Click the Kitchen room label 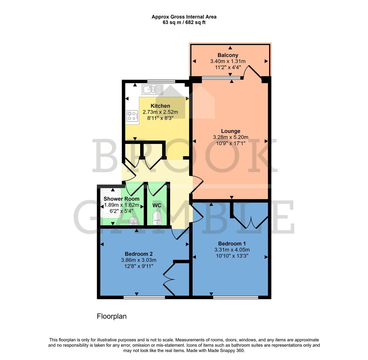[x=160, y=106]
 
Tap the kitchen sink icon [x=152, y=89]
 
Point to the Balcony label [x=228, y=55]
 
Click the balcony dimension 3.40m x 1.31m [x=228, y=61]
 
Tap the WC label [x=157, y=205]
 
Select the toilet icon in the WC [x=156, y=218]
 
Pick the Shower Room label [x=121, y=199]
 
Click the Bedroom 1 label [x=232, y=243]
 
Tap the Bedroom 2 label [x=139, y=254]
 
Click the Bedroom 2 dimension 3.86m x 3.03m [x=139, y=260]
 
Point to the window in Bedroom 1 [x=236, y=297]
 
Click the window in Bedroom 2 [x=144, y=297]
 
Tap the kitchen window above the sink [x=161, y=81]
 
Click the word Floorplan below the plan [x=112, y=316]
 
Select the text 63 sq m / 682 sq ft [x=184, y=23]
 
